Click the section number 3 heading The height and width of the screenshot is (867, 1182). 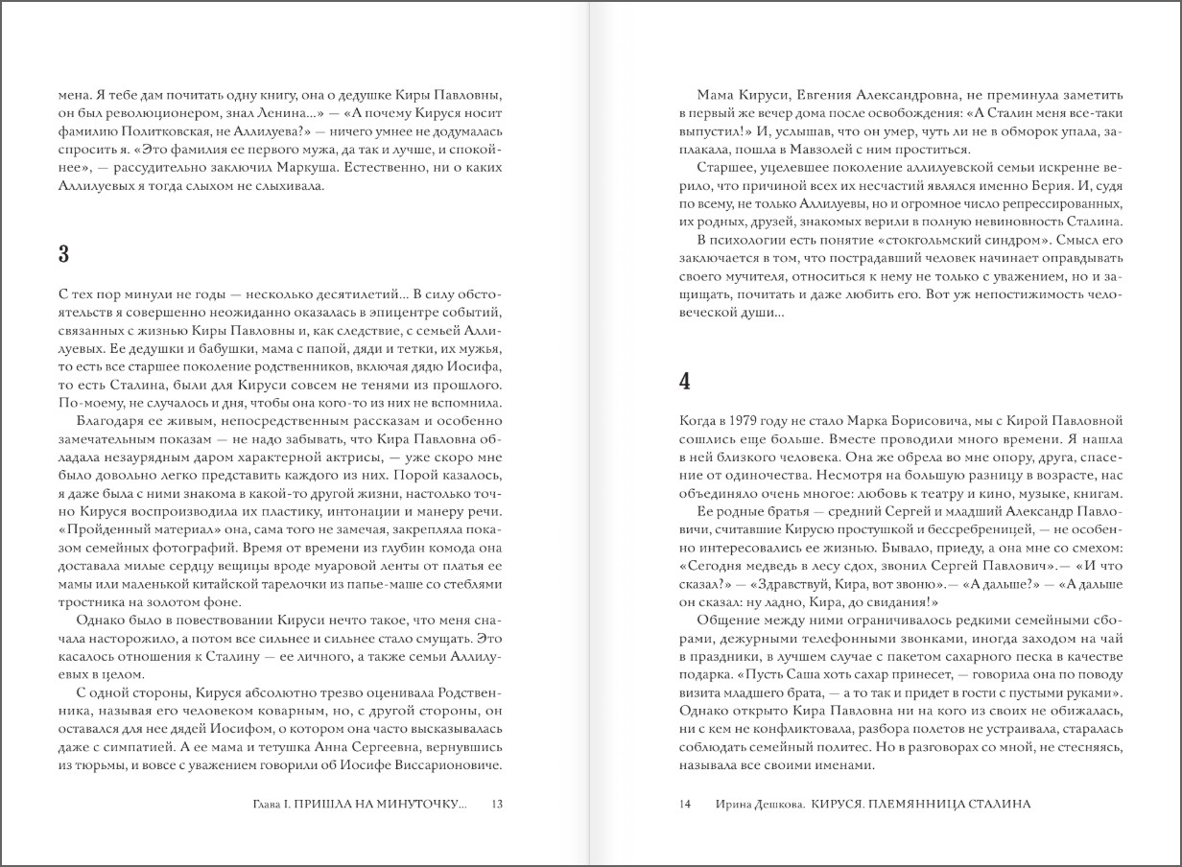[x=63, y=254]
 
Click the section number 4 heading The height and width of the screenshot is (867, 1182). [x=684, y=381]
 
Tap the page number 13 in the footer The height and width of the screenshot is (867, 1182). [x=496, y=804]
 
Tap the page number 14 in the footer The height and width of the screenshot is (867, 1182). [x=684, y=804]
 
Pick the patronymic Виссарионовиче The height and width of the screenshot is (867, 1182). [x=443, y=765]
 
